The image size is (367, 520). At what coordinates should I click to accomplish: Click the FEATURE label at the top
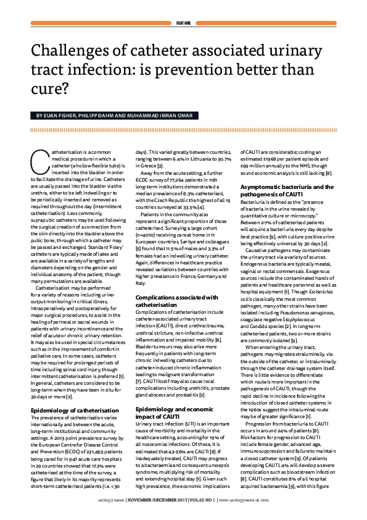(x=184, y=22)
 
